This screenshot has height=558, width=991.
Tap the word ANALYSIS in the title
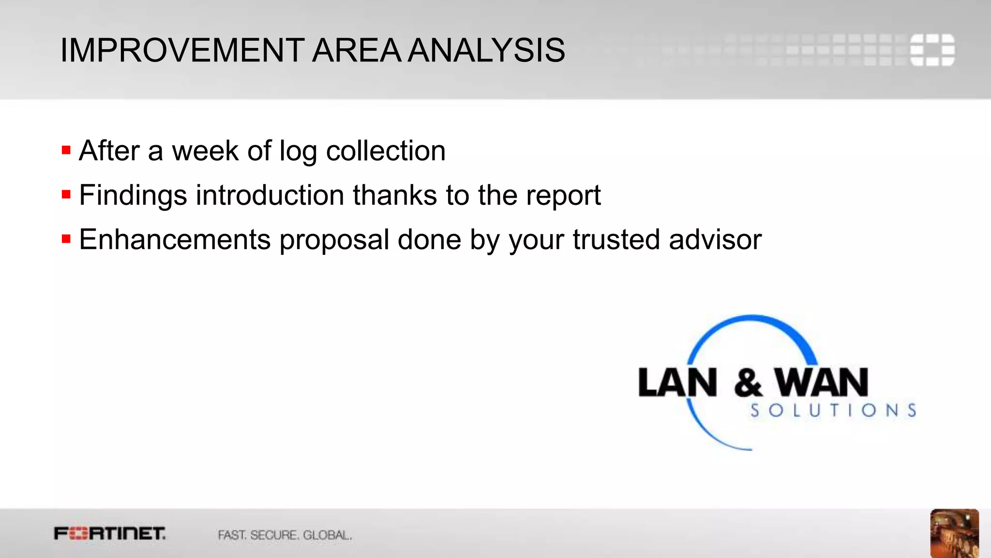tap(486, 50)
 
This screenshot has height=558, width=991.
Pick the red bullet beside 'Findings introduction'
tap(66, 195)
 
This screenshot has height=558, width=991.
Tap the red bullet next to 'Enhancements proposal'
tap(66, 239)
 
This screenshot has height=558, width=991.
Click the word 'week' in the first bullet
tap(205, 151)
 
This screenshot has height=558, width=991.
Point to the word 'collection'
tap(386, 151)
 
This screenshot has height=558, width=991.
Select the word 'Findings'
tap(133, 196)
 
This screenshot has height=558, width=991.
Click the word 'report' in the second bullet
tap(563, 196)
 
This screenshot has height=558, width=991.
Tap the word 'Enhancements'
tap(175, 240)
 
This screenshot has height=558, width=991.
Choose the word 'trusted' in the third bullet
tap(616, 240)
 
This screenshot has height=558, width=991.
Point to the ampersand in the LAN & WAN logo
tap(748, 383)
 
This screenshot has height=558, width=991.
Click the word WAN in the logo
tap(822, 383)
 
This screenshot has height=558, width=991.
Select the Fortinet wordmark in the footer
tap(110, 534)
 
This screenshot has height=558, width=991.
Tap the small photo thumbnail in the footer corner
tap(954, 533)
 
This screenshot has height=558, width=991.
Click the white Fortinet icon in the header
tap(932, 50)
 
